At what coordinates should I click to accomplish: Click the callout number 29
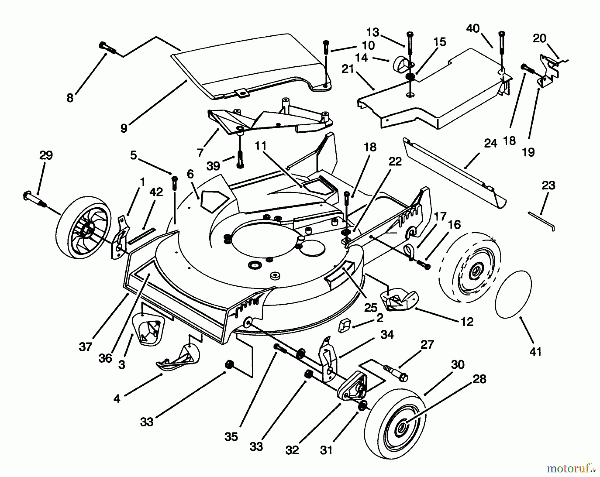pyautogui.click(x=46, y=156)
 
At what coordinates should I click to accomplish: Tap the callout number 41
pyautogui.click(x=535, y=351)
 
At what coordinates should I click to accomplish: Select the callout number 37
pyautogui.click(x=85, y=347)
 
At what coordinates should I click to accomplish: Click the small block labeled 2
pyautogui.click(x=344, y=325)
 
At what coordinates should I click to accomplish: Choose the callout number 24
pyautogui.click(x=490, y=144)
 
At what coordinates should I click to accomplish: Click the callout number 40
pyautogui.click(x=473, y=29)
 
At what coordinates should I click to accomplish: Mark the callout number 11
pyautogui.click(x=261, y=146)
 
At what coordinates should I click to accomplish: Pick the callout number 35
pyautogui.click(x=231, y=437)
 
